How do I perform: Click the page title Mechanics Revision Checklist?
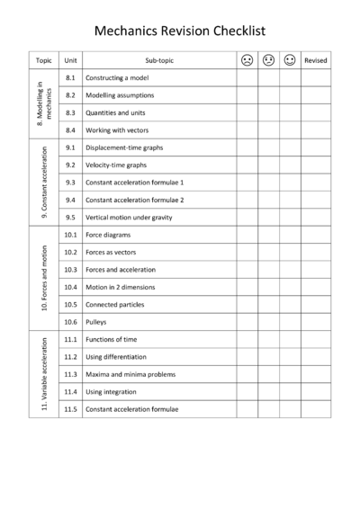(x=180, y=31)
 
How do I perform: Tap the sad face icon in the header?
(x=247, y=60)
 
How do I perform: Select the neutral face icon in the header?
(x=268, y=60)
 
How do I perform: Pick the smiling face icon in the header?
(x=290, y=60)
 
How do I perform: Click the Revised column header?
(x=316, y=60)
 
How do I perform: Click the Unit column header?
(x=70, y=60)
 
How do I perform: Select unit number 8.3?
(x=70, y=112)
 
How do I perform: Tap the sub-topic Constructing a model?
(x=118, y=78)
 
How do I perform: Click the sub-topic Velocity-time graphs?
(x=117, y=165)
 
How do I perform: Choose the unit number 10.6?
(x=70, y=321)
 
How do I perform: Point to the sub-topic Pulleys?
(x=96, y=321)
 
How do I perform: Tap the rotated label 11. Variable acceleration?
(x=44, y=374)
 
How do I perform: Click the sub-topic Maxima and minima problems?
(x=130, y=373)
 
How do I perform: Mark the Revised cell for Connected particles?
(x=316, y=304)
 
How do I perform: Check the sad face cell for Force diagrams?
(x=247, y=235)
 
